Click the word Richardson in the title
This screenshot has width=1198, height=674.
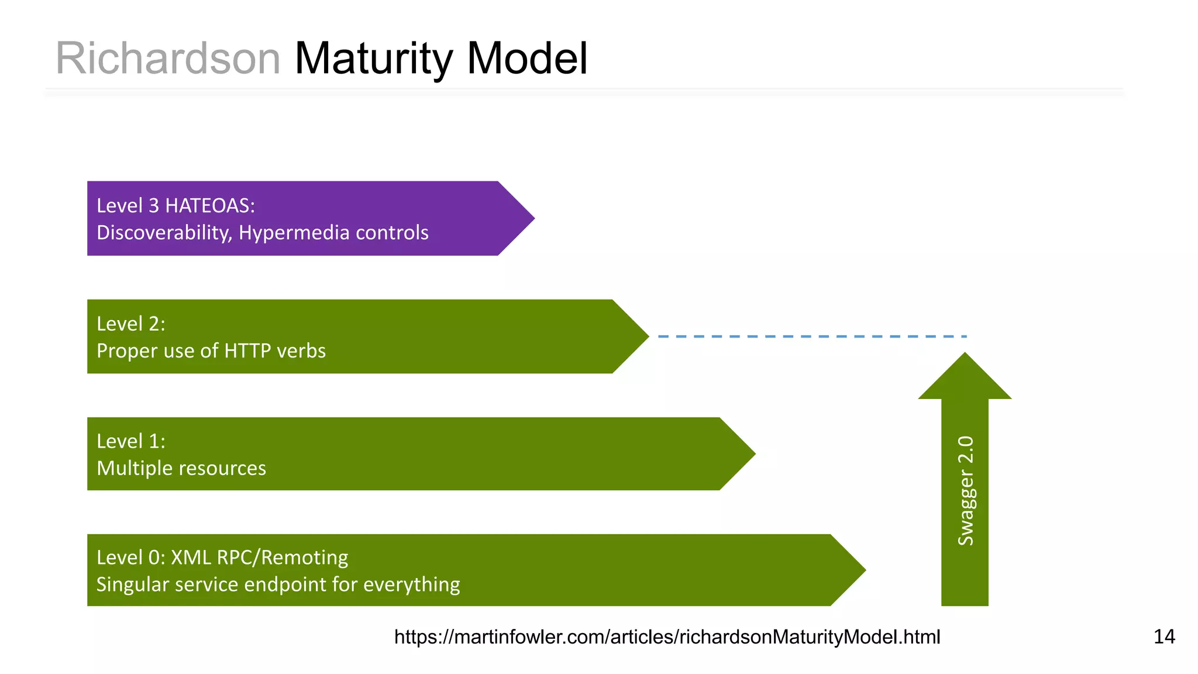tap(168, 59)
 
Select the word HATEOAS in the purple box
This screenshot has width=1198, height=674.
tap(210, 206)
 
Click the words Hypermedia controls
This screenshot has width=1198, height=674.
tap(333, 233)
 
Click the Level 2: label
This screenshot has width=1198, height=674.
tap(131, 324)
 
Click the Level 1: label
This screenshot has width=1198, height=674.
tap(131, 441)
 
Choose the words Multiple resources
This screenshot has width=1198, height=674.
tap(181, 468)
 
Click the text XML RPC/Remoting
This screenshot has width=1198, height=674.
tap(259, 558)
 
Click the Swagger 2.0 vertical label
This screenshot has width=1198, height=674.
tap(965, 490)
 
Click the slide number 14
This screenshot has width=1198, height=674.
tap(1164, 637)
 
